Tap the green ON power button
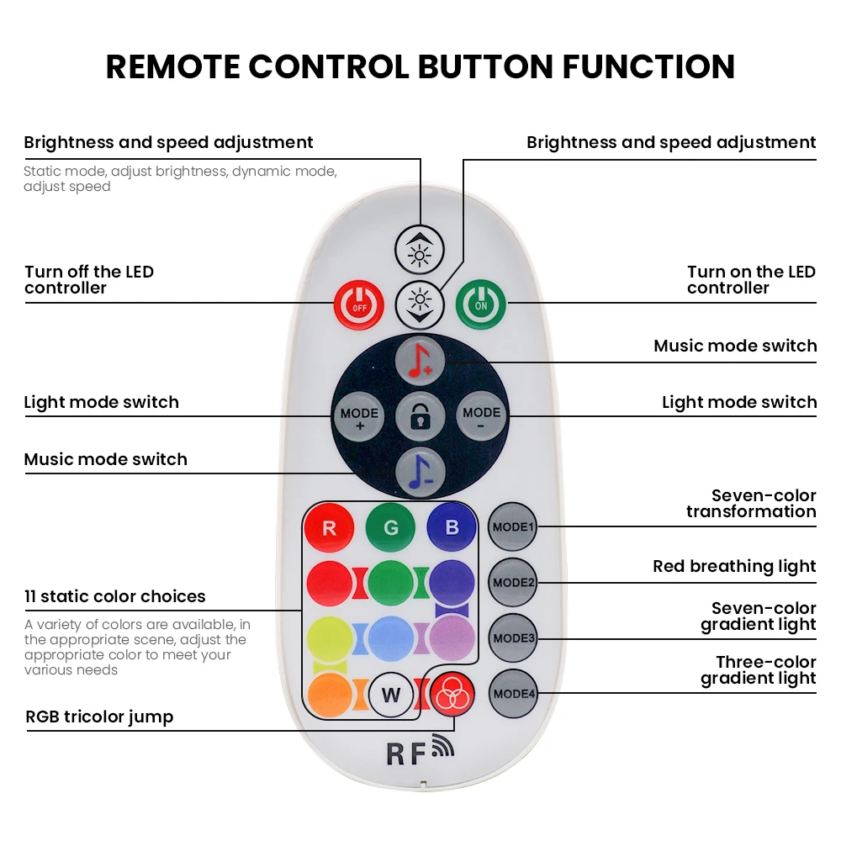click(481, 304)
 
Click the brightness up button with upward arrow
click(419, 250)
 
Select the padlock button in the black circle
click(419, 415)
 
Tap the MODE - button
click(481, 415)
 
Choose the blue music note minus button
click(419, 471)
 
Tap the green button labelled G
click(390, 528)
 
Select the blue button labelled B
click(452, 528)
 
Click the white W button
click(391, 695)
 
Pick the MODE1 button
click(513, 527)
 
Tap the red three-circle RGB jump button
click(452, 695)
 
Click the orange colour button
click(330, 695)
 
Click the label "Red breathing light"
click(734, 566)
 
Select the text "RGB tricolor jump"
click(99, 717)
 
